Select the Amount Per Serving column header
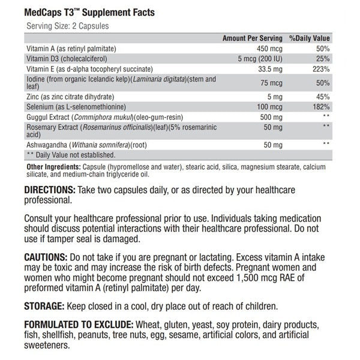(x=250, y=37)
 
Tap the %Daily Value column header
(x=310, y=37)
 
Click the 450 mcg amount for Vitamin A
(x=266, y=48)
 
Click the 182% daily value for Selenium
(x=320, y=106)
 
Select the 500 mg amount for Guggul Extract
(x=266, y=115)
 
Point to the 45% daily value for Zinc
(x=322, y=95)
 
